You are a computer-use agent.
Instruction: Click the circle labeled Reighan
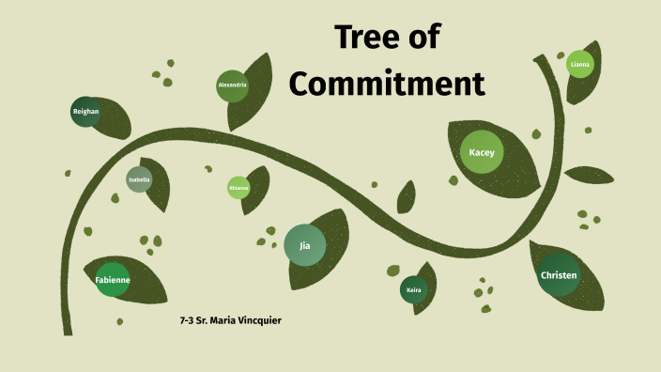(85, 112)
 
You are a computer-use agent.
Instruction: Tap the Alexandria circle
(232, 85)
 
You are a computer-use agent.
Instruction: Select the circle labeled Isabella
(139, 179)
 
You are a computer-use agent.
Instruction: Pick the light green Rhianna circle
(238, 188)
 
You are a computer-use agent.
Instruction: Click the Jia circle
(304, 245)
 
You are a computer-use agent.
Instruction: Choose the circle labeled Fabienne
(113, 280)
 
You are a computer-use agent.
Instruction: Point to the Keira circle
(414, 290)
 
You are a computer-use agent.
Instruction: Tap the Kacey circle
(482, 152)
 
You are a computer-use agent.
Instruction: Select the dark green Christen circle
(559, 275)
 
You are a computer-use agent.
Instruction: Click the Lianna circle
(579, 64)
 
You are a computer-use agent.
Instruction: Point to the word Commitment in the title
(386, 83)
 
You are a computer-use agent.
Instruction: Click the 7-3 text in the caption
(186, 321)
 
